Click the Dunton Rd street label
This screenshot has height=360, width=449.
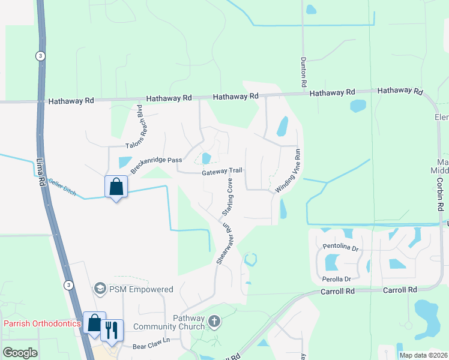[x=304, y=71]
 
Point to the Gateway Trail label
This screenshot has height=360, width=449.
[x=221, y=172]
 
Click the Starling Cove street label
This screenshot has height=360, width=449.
[x=228, y=197]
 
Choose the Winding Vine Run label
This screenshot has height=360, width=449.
[x=288, y=171]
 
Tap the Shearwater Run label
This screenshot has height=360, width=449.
[x=224, y=245]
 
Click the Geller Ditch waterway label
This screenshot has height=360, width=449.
[x=62, y=188]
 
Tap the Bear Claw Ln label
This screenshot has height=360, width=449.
[x=151, y=346]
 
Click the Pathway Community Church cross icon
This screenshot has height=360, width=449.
[x=213, y=322]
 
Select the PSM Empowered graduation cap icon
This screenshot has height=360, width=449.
[x=100, y=289]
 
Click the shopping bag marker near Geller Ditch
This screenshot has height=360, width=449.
[x=116, y=187]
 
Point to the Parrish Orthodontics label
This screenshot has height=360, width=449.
[x=42, y=323]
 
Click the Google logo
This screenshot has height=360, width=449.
[x=20, y=353]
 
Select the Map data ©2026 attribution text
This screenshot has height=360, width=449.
[x=423, y=355]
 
